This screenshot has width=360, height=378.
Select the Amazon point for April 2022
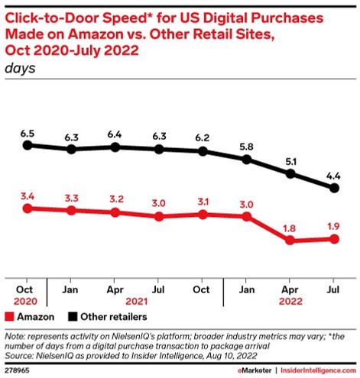[290, 241]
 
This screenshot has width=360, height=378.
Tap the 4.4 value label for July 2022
[333, 175]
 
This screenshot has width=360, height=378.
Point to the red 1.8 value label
[290, 227]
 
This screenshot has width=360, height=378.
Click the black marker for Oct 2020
[28, 144]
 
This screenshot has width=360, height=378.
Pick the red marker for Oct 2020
[28, 208]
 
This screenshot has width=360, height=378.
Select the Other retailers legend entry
[108, 315]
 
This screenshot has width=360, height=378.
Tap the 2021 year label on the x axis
[136, 302]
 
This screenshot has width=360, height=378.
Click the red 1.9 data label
[333, 225]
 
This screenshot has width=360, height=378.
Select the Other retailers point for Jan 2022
[246, 159]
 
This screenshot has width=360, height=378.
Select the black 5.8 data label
[246, 145]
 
